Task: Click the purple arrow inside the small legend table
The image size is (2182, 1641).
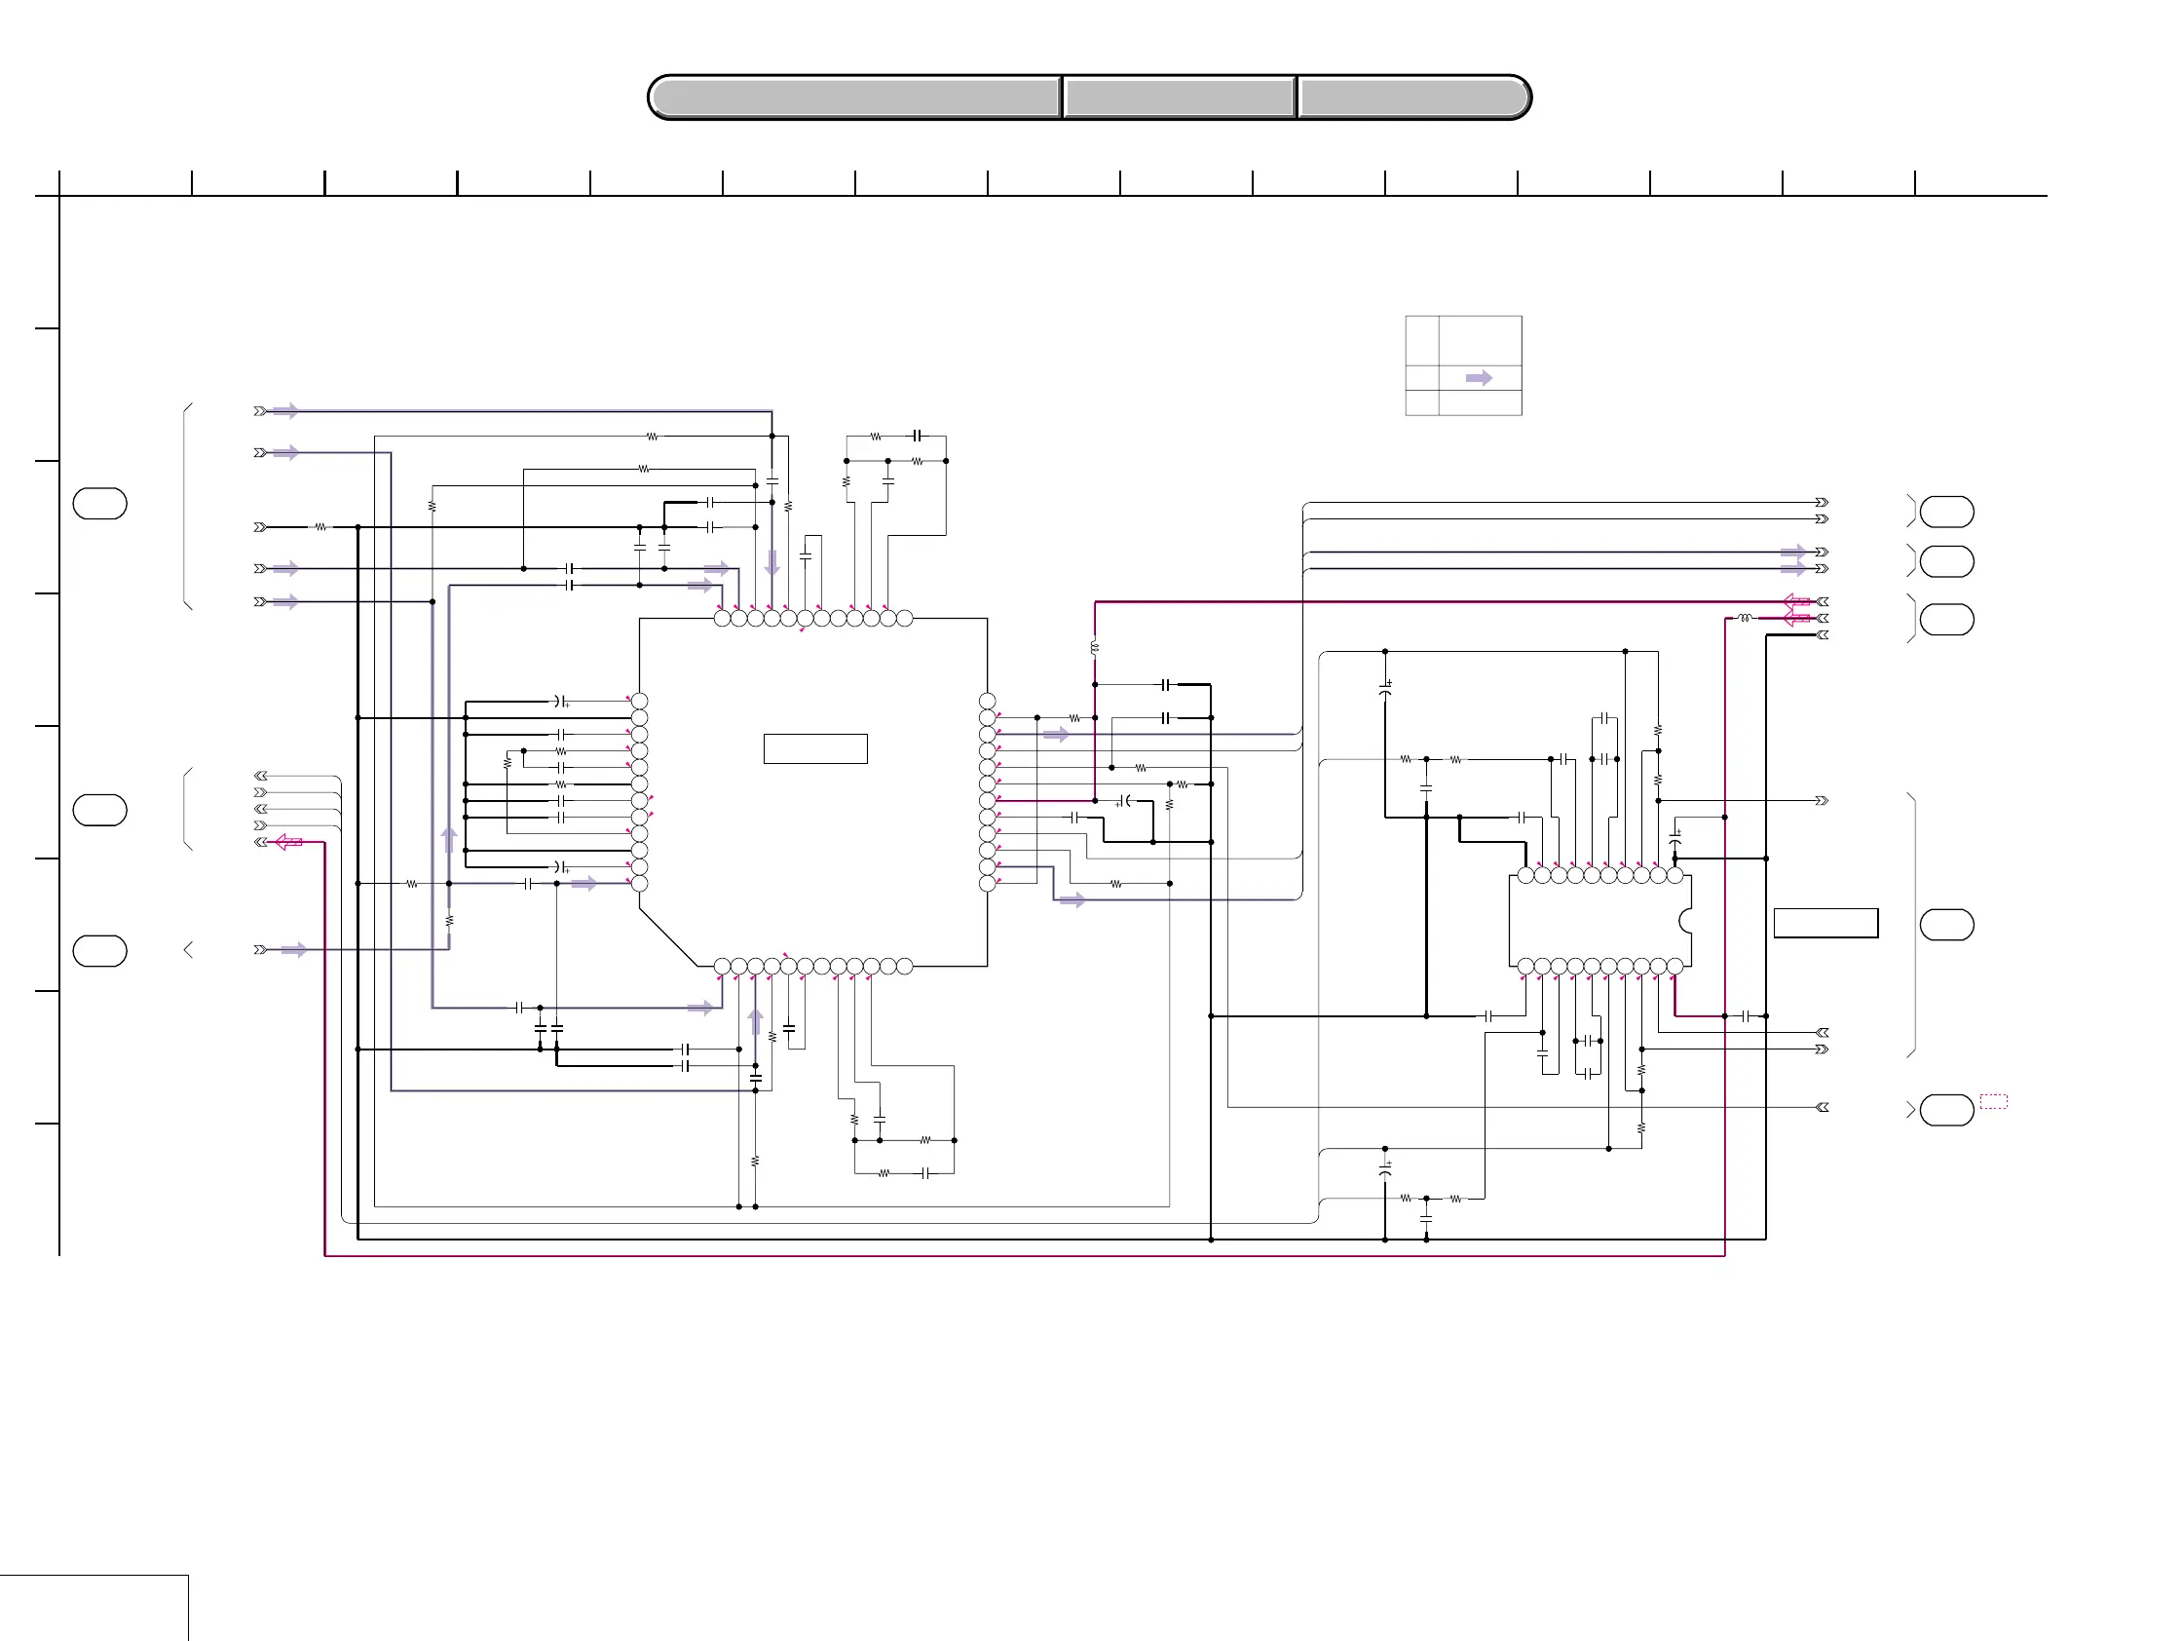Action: click(x=1479, y=378)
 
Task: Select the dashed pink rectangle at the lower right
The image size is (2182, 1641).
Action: click(x=1994, y=1101)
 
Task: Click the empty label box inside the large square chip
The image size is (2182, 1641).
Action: click(x=814, y=749)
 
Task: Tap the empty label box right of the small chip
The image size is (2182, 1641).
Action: click(x=1825, y=923)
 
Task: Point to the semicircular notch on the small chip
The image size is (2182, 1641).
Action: click(x=1686, y=921)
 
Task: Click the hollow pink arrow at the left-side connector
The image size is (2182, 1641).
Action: click(x=288, y=842)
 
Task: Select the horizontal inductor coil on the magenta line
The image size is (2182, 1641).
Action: click(x=1745, y=618)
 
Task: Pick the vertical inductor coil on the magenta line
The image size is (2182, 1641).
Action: click(x=1095, y=648)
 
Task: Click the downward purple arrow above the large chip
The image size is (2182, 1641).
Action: click(x=772, y=562)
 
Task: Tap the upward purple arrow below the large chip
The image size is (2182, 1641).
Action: click(x=756, y=1021)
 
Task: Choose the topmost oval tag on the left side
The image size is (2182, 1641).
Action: click(x=99, y=503)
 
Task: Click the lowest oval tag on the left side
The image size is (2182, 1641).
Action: click(x=99, y=950)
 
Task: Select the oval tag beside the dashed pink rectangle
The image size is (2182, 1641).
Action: click(x=1946, y=1109)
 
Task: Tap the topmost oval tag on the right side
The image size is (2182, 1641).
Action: click(x=1946, y=513)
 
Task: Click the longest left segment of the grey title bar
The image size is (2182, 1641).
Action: click(x=855, y=97)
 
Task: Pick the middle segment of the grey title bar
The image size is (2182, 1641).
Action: click(x=1179, y=97)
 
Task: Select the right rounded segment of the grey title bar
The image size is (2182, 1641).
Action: click(x=1412, y=97)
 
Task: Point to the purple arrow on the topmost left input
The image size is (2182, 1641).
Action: click(x=286, y=410)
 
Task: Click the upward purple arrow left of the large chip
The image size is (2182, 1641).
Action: click(x=449, y=839)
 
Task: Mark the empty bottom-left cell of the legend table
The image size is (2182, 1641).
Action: click(x=1421, y=402)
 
